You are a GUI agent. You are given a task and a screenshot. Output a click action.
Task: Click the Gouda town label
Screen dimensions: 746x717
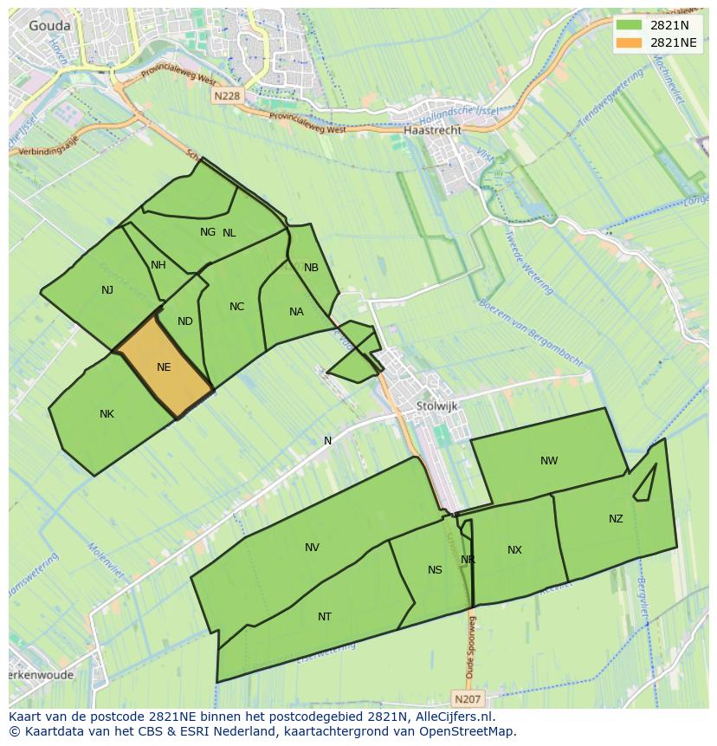click(49, 26)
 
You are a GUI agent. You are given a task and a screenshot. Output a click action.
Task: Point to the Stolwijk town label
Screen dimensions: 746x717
click(436, 405)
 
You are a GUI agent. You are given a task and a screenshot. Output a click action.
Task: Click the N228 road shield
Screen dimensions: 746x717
click(226, 97)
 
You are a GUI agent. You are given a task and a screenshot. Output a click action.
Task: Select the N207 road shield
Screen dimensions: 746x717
click(468, 697)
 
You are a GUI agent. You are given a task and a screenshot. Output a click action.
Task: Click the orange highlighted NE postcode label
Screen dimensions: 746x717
click(164, 367)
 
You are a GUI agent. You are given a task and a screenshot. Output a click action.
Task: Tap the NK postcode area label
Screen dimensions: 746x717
click(107, 414)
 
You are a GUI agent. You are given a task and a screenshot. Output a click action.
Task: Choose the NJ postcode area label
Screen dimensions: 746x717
click(107, 290)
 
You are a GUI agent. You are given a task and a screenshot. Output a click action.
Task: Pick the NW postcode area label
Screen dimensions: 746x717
click(549, 461)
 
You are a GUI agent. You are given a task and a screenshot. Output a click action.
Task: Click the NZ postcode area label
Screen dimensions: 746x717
click(616, 519)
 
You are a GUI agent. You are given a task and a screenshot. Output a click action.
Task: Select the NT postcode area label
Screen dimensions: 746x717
click(325, 617)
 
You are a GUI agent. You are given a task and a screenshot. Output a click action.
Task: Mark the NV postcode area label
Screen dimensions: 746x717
click(312, 548)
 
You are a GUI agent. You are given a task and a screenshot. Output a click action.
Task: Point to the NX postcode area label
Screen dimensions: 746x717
click(515, 550)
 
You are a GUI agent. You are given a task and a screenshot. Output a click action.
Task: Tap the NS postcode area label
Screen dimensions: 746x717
click(435, 569)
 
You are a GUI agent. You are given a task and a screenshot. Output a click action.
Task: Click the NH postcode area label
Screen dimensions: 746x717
click(158, 265)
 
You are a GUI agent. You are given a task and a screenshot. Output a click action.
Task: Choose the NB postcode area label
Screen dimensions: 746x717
click(311, 268)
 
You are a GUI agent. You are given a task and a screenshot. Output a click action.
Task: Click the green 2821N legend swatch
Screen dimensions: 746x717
click(630, 26)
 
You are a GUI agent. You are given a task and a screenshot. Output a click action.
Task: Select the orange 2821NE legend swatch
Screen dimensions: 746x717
click(630, 43)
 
